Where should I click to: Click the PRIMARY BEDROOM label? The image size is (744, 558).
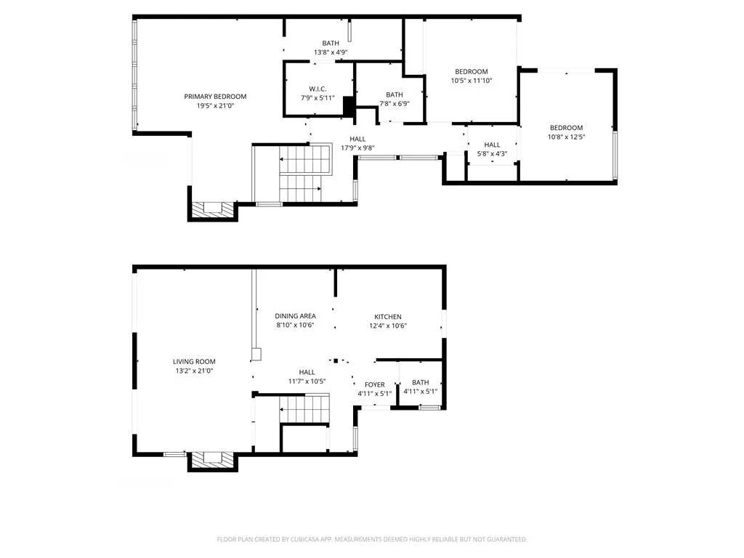[215, 97]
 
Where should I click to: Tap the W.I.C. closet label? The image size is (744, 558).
[318, 89]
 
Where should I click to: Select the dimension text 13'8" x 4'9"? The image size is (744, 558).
[331, 52]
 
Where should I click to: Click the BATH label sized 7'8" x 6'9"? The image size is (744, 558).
[395, 94]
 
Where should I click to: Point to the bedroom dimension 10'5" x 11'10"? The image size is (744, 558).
[472, 81]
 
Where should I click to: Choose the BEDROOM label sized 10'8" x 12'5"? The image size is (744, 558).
[566, 128]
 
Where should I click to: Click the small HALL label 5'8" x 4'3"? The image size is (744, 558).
[492, 145]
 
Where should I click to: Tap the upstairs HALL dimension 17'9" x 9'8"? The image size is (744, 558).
[357, 148]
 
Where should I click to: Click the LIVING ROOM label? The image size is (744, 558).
[194, 362]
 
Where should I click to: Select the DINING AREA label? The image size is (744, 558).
[295, 316]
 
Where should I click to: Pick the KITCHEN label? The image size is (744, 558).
[388, 317]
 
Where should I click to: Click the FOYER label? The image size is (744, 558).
[375, 385]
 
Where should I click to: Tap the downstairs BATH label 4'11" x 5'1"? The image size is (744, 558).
[421, 383]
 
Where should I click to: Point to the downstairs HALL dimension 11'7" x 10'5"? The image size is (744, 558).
[307, 381]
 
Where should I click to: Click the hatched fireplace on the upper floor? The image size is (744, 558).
[213, 209]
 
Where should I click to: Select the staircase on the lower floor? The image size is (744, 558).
[304, 409]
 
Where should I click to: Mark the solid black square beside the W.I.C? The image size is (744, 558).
[348, 106]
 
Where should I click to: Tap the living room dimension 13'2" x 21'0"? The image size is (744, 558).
[194, 371]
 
